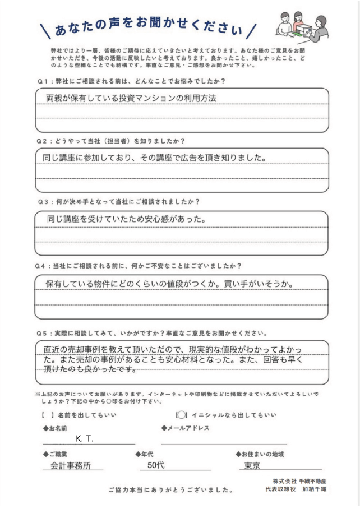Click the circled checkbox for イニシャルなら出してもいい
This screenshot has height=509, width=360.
point(181,415)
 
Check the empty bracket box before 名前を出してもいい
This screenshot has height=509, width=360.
point(48,415)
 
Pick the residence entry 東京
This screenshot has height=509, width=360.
point(252,465)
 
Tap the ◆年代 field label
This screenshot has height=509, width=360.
point(144,454)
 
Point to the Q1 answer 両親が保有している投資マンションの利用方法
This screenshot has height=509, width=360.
point(130,98)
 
